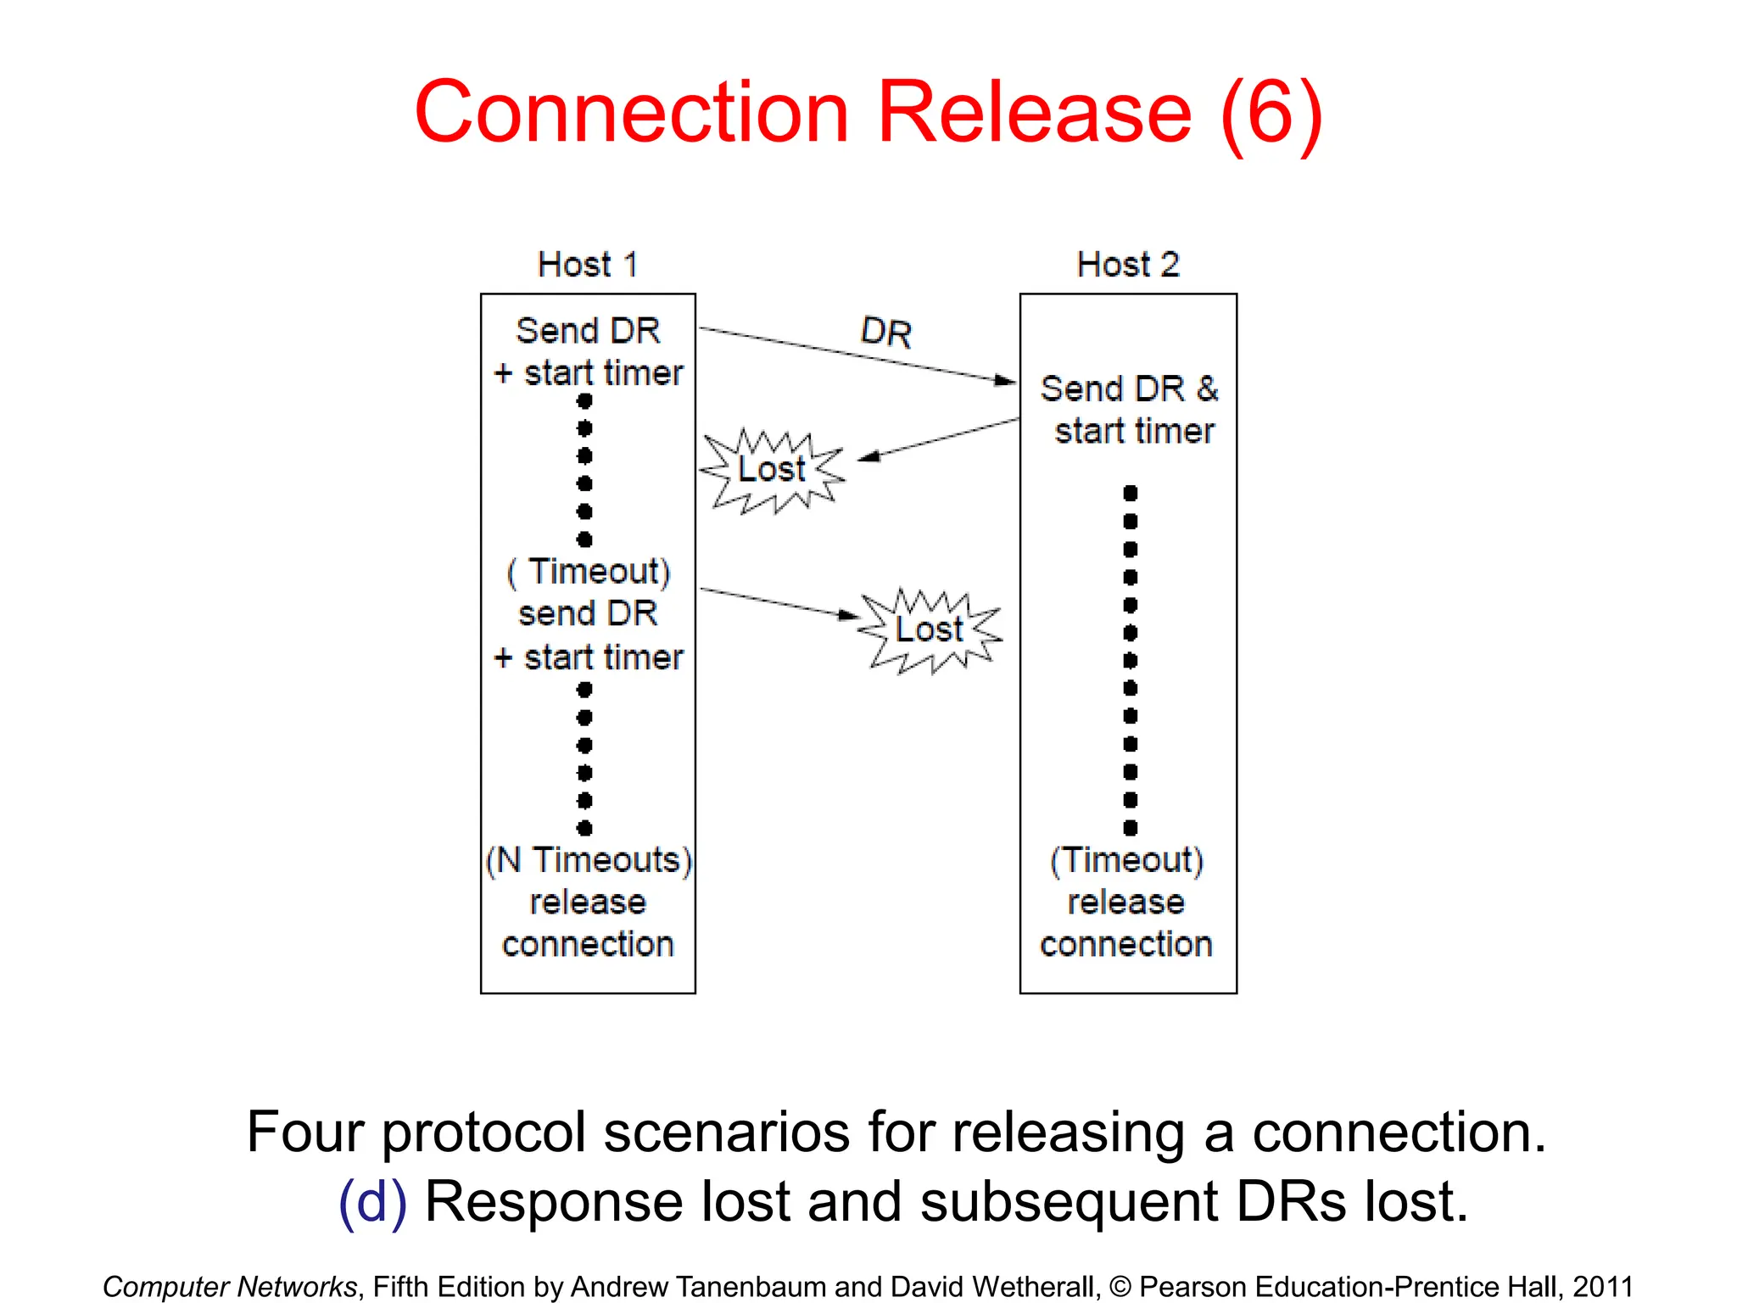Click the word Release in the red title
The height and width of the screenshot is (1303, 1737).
pyautogui.click(x=1034, y=112)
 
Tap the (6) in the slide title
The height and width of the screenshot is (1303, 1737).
pyautogui.click(x=1271, y=114)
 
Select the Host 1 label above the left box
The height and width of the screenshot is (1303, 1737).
pyautogui.click(x=587, y=265)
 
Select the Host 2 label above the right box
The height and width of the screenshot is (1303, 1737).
pyautogui.click(x=1127, y=265)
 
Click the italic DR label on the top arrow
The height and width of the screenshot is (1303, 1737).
pyautogui.click(x=885, y=332)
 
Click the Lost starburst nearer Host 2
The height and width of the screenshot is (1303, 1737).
pyautogui.click(x=930, y=630)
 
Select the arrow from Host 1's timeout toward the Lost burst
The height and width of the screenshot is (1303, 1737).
pyautogui.click(x=776, y=602)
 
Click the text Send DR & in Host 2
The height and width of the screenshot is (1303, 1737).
pyautogui.click(x=1129, y=389)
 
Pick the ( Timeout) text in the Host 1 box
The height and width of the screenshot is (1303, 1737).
pyautogui.click(x=589, y=572)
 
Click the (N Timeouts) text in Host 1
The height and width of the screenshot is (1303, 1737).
pyautogui.click(x=589, y=860)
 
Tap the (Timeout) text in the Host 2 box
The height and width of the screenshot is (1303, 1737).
pyautogui.click(x=1126, y=860)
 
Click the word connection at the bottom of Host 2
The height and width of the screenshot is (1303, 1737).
pyautogui.click(x=1126, y=944)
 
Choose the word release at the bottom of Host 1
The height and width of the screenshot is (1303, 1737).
pyautogui.click(x=588, y=903)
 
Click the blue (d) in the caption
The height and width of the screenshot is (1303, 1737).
pyautogui.click(x=372, y=1202)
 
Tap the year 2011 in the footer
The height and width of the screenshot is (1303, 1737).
pyautogui.click(x=1602, y=1287)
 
